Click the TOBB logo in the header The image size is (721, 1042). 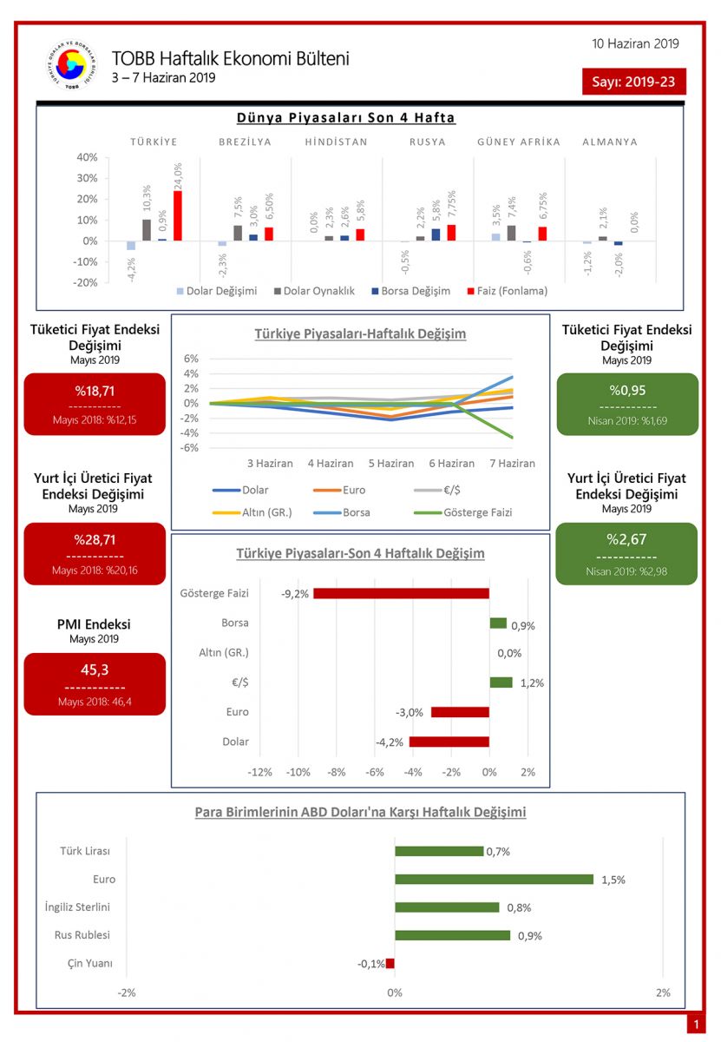click(x=72, y=67)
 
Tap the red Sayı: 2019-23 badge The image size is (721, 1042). click(x=634, y=82)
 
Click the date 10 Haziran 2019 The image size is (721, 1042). click(x=635, y=44)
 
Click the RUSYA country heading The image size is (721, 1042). click(x=428, y=142)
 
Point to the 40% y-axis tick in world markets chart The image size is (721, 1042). click(x=87, y=157)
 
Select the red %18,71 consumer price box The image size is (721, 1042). click(x=95, y=404)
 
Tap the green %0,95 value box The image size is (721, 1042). click(x=626, y=404)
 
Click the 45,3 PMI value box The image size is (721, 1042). click(x=95, y=683)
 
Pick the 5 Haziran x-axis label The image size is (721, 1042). click(x=390, y=463)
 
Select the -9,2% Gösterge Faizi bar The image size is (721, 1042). click(x=401, y=593)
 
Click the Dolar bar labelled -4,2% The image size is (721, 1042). click(x=449, y=742)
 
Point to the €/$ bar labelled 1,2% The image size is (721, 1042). click(x=501, y=683)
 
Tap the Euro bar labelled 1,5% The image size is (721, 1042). click(x=494, y=879)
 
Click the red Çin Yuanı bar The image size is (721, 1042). click(x=390, y=963)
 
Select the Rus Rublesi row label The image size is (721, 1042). click(x=78, y=935)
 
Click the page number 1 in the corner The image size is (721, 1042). click(x=695, y=1026)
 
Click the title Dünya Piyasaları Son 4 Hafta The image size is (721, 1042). click(x=345, y=118)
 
